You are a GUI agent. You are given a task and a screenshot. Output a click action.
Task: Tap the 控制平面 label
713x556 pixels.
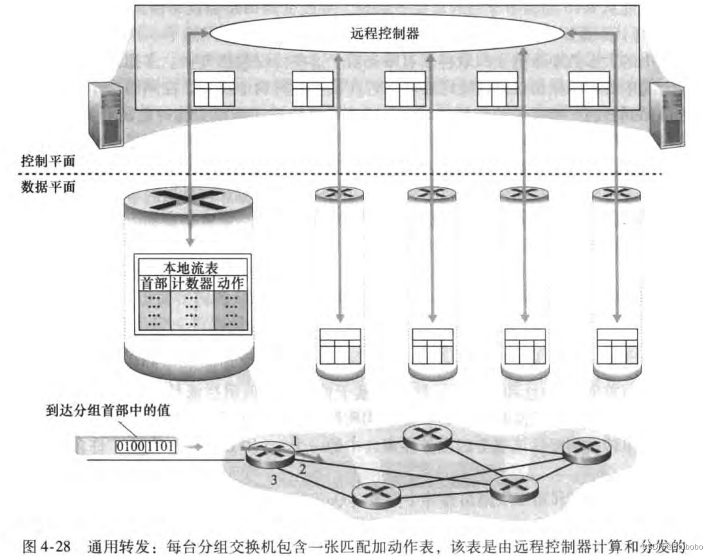point(49,161)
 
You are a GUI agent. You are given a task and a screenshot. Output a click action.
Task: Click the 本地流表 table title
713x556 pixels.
point(192,269)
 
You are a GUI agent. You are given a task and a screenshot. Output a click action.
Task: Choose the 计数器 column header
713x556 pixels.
point(192,283)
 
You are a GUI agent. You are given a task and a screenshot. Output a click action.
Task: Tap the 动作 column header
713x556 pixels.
point(231,283)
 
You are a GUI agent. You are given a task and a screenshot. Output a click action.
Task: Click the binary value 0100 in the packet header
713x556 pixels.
point(131,445)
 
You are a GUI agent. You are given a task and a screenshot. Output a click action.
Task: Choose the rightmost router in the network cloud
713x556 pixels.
point(586,450)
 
